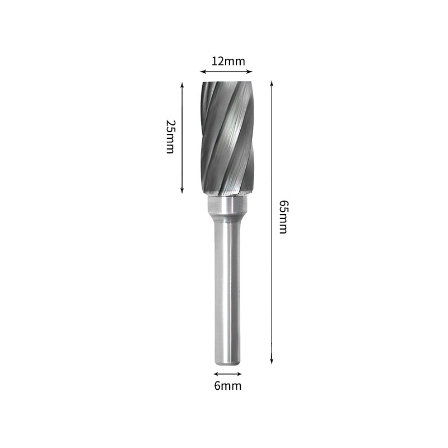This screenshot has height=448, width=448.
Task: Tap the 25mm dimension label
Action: [170, 137]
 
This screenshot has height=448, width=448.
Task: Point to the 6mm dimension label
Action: [227, 385]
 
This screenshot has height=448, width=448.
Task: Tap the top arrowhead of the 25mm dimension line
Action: [182, 84]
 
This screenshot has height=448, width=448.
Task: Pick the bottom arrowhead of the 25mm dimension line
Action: [182, 191]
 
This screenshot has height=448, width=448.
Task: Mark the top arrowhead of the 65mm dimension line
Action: [272, 82]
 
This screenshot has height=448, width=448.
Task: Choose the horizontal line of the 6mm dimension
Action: [227, 374]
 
